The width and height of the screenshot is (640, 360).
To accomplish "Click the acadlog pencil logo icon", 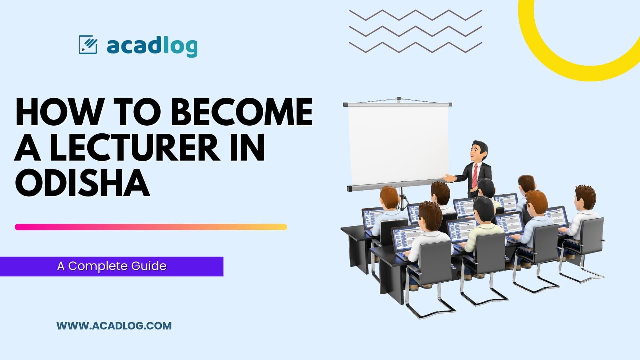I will point(88,45).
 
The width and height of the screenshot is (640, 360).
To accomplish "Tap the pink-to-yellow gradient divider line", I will point(151,227).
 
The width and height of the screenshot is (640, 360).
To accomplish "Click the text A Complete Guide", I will point(112,266).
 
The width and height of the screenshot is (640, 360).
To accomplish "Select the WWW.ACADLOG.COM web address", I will point(114,326).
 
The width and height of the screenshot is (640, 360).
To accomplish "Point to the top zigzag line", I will point(415,15).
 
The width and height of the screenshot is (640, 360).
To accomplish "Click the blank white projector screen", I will point(398,145).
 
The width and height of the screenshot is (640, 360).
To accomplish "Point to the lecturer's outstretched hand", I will point(448,178).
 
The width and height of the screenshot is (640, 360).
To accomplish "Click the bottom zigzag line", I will point(415,47).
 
